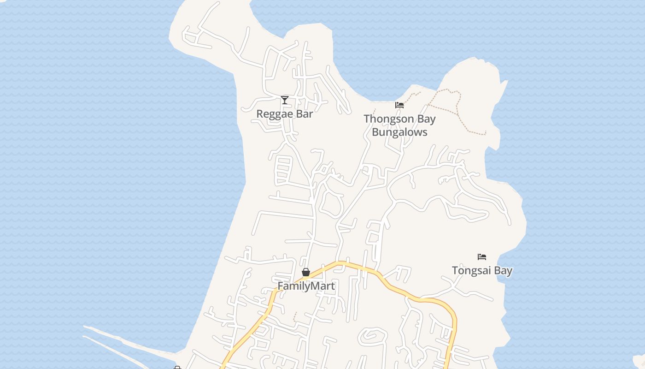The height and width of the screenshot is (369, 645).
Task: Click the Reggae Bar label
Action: (x=284, y=114)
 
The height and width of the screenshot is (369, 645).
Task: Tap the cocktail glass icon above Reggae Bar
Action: (x=285, y=100)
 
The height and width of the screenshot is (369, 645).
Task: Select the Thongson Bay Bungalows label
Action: (x=399, y=125)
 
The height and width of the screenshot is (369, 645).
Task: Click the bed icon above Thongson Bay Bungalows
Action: (x=399, y=105)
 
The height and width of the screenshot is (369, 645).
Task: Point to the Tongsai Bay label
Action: (x=482, y=271)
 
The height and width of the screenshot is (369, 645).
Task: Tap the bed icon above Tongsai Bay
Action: (x=482, y=257)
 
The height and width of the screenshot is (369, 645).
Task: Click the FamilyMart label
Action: (x=306, y=286)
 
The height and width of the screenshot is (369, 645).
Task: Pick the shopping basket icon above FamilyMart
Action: (x=306, y=272)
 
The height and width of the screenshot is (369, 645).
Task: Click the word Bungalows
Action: (x=399, y=132)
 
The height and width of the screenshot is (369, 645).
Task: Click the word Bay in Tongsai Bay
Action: (x=503, y=271)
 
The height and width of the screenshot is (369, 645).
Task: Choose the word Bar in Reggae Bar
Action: (x=305, y=114)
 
